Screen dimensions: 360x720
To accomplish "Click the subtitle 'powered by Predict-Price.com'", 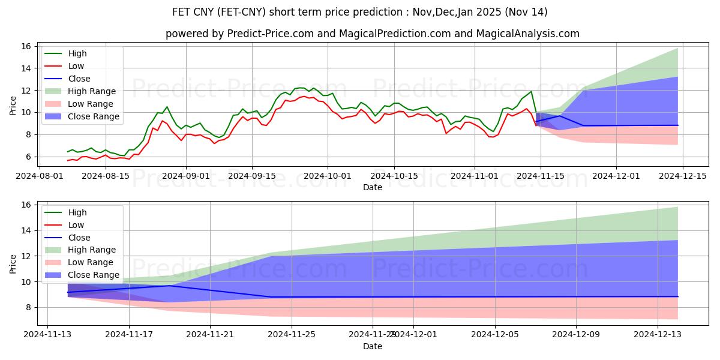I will click(x=372, y=34).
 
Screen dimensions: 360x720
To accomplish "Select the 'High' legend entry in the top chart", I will click(x=76, y=53).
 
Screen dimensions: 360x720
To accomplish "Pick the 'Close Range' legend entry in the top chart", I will click(x=94, y=116).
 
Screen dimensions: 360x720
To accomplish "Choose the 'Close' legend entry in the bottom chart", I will click(x=79, y=238).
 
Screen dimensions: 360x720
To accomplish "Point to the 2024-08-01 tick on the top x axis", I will click(x=47, y=176).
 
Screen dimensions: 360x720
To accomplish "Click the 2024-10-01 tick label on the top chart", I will click(x=328, y=176).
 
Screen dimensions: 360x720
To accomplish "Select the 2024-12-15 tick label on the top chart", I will click(x=682, y=176).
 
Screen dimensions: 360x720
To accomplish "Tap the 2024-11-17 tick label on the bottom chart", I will click(x=129, y=335).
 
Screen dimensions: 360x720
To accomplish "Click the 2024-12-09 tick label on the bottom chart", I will click(x=576, y=335).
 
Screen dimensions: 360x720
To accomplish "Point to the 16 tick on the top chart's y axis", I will click(x=26, y=46).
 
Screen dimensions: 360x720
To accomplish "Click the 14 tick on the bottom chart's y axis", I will click(x=26, y=230).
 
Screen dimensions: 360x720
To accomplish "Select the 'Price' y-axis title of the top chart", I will click(x=13, y=106).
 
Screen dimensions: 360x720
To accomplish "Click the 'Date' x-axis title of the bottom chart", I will click(x=372, y=346).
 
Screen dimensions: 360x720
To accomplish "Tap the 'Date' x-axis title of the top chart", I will click(x=372, y=187).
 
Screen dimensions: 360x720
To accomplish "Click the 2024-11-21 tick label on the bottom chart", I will click(x=210, y=335).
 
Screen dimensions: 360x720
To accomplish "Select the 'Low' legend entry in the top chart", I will click(x=76, y=66).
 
